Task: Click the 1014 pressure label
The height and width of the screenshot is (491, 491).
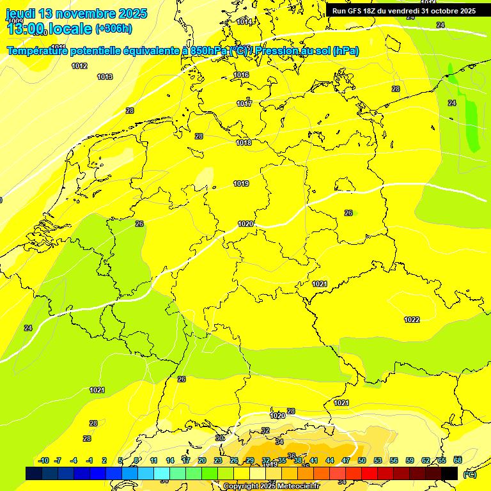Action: tap(244, 22)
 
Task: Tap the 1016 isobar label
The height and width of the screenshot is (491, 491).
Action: tap(241, 75)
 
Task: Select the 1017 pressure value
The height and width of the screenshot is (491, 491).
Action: tap(244, 104)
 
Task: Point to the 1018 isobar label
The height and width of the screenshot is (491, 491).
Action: tap(244, 143)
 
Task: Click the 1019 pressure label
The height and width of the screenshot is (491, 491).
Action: tap(241, 184)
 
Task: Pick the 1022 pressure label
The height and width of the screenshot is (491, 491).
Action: tap(412, 320)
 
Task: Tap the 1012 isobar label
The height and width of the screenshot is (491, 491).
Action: tap(79, 66)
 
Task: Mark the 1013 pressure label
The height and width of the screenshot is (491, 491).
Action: tap(105, 77)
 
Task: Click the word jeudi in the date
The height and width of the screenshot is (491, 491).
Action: tap(20, 13)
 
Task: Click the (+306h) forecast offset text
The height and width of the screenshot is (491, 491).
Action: tap(114, 29)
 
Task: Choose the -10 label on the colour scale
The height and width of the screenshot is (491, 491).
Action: tap(43, 460)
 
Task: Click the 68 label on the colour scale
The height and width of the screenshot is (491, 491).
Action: tap(458, 460)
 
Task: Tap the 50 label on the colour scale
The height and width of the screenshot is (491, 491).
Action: tap(362, 460)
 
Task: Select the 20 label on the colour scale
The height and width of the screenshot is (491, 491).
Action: tap(202, 460)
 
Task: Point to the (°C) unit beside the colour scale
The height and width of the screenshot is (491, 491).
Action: tap(470, 474)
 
